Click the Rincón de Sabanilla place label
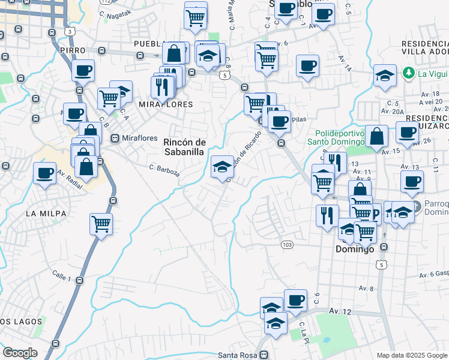click(185, 146)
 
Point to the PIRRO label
click(73, 51)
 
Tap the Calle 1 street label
click(62, 277)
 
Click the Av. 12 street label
click(340, 311)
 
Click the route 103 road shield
click(287, 244)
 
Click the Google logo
click(20, 353)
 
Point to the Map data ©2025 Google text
click(412, 355)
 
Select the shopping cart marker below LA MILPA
click(101, 223)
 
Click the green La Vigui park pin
click(409, 73)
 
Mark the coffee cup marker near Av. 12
click(295, 299)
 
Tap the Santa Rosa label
click(238, 355)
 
